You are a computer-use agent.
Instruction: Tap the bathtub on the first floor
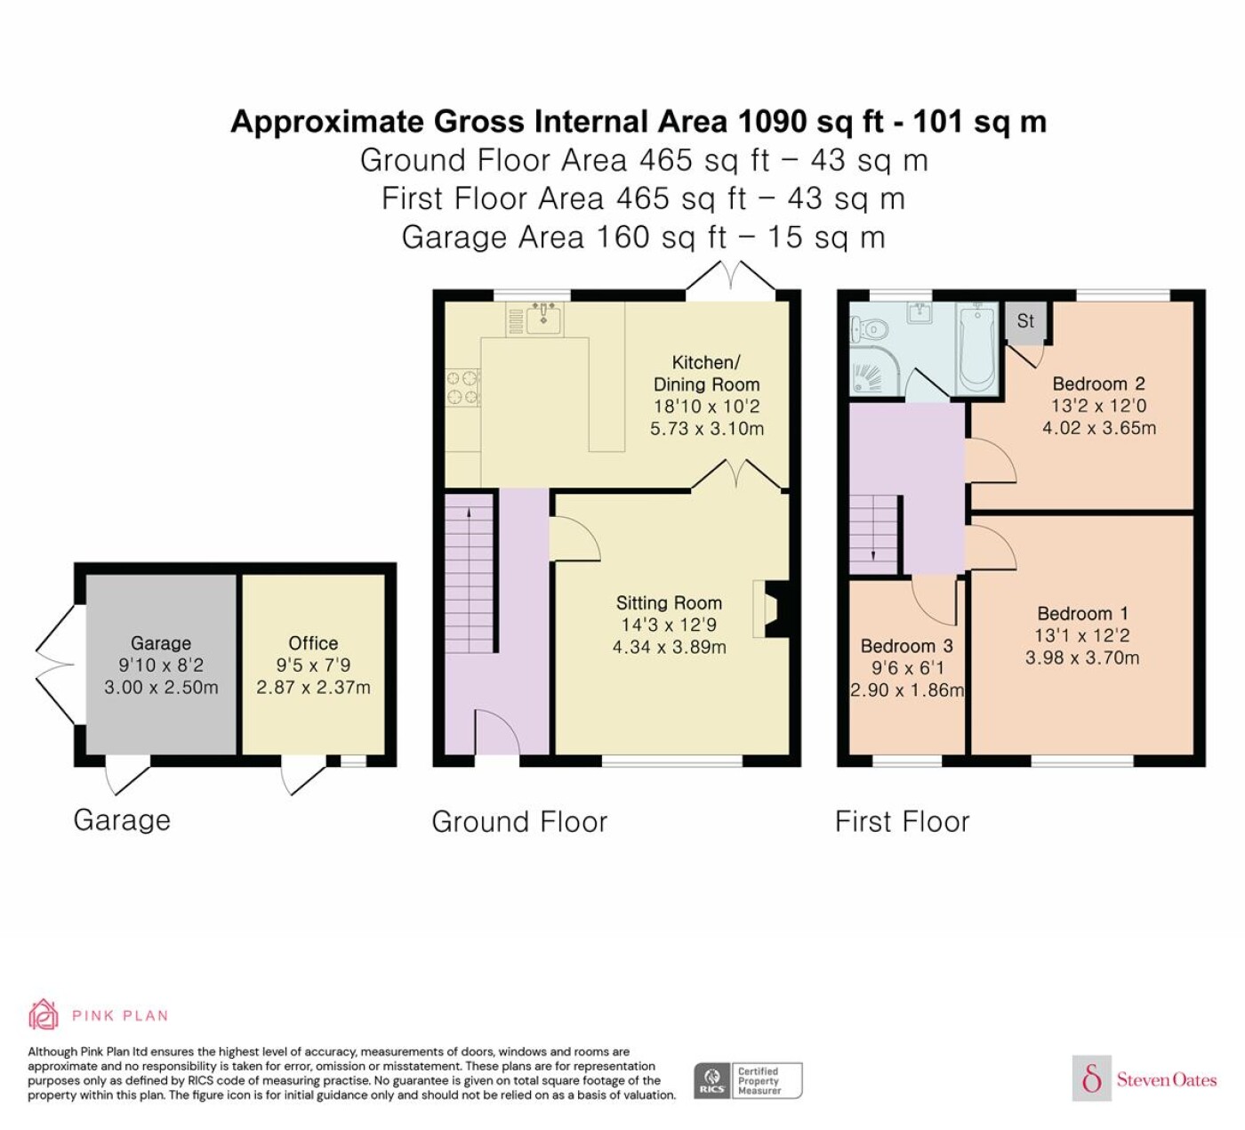(977, 348)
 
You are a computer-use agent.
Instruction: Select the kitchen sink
(543, 319)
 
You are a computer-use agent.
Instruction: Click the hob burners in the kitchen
(462, 388)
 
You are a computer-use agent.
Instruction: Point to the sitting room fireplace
(772, 609)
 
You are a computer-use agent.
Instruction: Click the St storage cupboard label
(1025, 321)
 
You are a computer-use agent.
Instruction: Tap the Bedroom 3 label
(907, 646)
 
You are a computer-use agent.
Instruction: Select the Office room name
(313, 643)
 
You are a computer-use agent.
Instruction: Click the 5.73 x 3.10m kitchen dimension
(707, 429)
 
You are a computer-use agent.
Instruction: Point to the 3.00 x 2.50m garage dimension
(161, 688)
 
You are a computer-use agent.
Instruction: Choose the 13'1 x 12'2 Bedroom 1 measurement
(1081, 635)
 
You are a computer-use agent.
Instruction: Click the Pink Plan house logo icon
(44, 1015)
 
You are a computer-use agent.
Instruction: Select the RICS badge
(748, 1080)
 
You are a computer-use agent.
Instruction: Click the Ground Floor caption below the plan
(519, 822)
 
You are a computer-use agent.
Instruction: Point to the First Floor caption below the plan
(902, 822)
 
